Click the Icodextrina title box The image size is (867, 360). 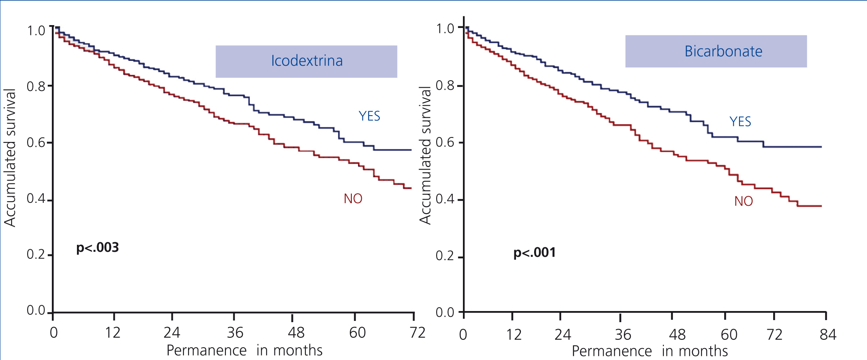click(306, 61)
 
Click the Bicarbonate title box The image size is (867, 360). click(716, 51)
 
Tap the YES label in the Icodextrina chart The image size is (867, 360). click(369, 116)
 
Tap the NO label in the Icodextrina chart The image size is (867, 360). click(353, 199)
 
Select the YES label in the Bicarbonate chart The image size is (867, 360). click(740, 122)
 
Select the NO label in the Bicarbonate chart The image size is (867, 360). click(743, 201)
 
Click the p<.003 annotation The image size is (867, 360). click(98, 248)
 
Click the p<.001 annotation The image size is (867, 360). click(534, 253)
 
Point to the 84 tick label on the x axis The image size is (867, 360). click(827, 334)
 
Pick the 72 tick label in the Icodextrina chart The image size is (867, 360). click(417, 332)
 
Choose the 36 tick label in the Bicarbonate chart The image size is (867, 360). click(623, 334)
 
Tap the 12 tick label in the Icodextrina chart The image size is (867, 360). click(112, 332)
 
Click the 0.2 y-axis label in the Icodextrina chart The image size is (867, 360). click(36, 255)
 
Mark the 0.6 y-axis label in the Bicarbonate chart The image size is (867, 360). click(444, 143)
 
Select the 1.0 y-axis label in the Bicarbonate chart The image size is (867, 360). click(445, 29)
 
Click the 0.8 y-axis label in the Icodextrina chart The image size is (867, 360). click(36, 87)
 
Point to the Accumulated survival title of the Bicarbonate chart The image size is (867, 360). click(425, 155)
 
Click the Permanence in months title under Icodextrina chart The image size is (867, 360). click(244, 351)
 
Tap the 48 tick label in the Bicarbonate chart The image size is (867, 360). click(677, 334)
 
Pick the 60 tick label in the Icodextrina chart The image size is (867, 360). click(357, 332)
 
